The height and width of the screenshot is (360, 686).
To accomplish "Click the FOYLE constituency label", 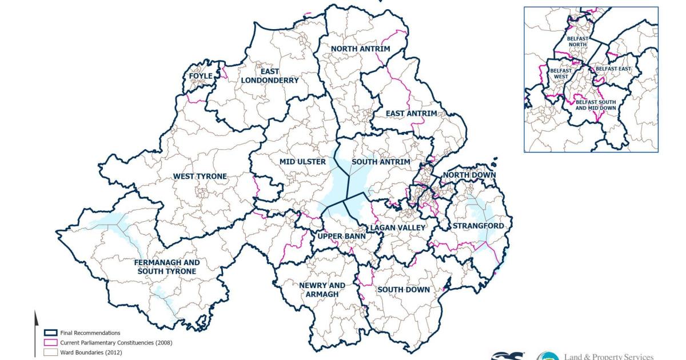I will click(x=201, y=75).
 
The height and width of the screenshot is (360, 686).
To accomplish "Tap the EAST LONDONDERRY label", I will click(x=270, y=76).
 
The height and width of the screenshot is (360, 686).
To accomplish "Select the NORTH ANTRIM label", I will click(x=360, y=49).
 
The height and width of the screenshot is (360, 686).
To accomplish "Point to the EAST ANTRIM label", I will click(x=410, y=114).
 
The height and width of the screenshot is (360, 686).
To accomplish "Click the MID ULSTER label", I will click(x=302, y=162).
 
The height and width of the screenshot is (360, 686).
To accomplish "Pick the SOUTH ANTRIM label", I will click(x=381, y=162).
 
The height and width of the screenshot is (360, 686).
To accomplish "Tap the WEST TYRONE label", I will click(x=200, y=176).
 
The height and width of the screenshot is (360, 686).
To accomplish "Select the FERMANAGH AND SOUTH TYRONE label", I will click(x=166, y=267).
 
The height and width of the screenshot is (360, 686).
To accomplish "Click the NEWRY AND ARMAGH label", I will click(x=322, y=290).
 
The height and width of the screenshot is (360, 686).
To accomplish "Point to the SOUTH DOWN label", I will click(x=404, y=290).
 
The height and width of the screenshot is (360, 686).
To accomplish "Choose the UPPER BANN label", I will click(x=337, y=236).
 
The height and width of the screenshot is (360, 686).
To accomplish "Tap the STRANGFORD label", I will click(x=478, y=226).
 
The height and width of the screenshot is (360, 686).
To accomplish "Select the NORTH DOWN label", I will click(x=469, y=174).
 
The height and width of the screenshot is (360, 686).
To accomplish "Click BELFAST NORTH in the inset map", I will click(x=577, y=42).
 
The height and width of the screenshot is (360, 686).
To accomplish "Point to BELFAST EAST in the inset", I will click(x=613, y=69).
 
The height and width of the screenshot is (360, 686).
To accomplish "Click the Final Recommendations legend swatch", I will click(x=50, y=333).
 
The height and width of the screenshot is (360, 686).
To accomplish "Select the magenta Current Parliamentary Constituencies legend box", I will click(x=50, y=342).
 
